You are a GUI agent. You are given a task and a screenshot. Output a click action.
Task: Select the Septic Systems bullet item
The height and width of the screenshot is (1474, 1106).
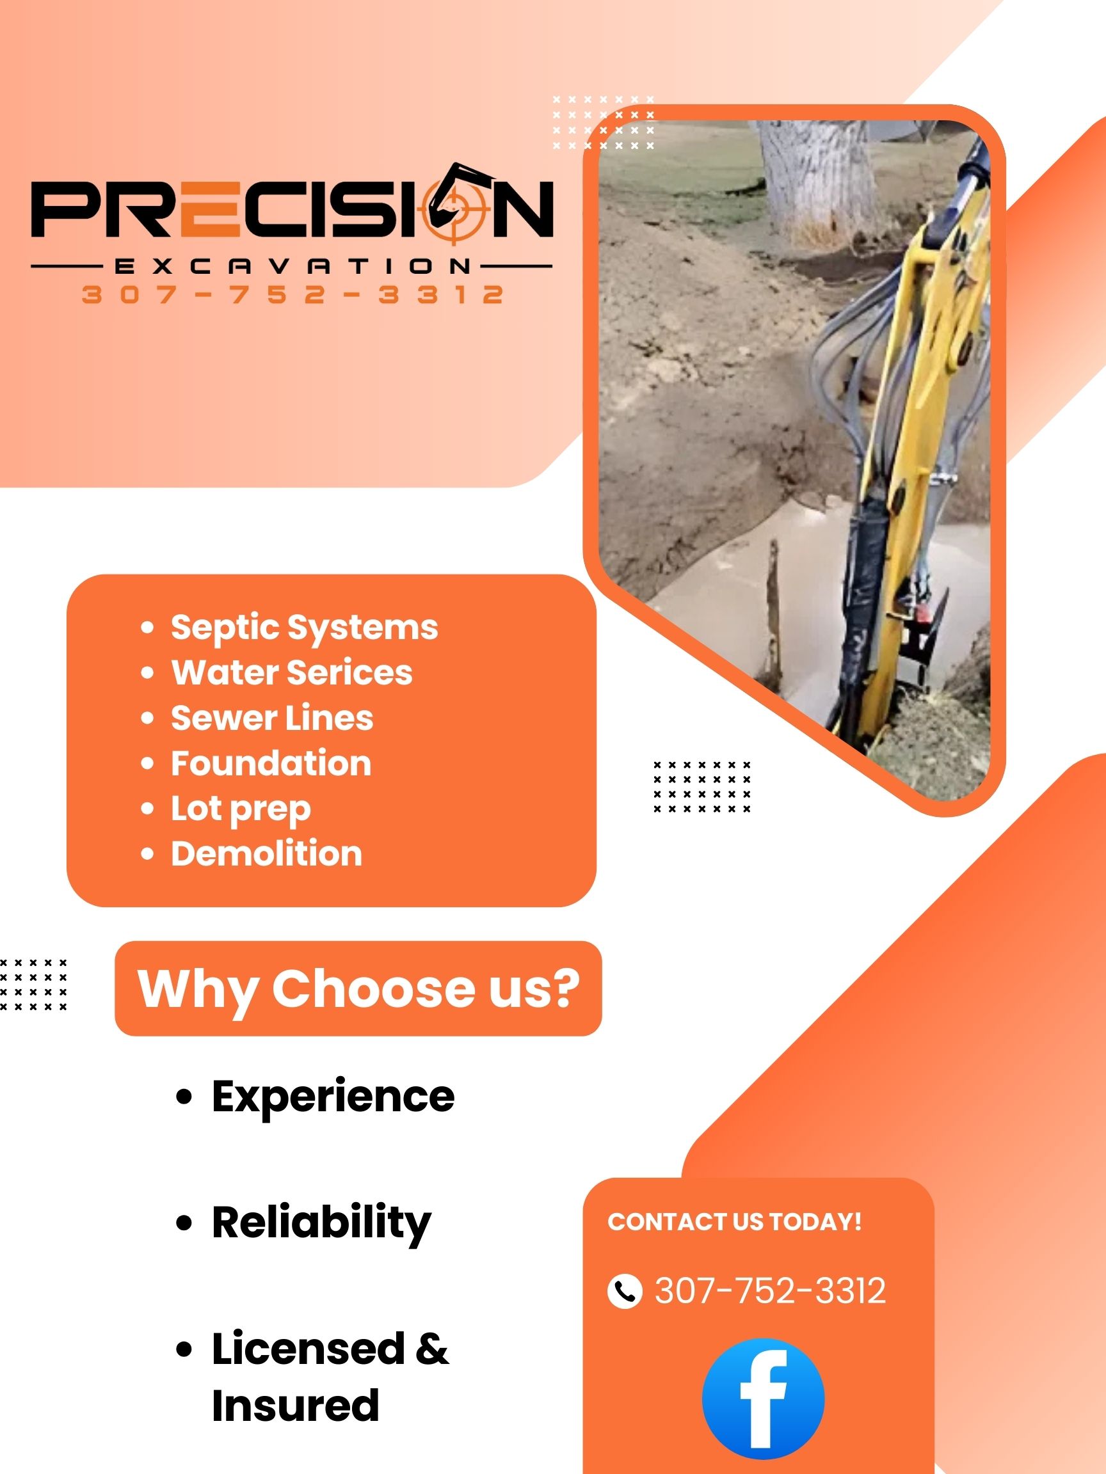coord(304,627)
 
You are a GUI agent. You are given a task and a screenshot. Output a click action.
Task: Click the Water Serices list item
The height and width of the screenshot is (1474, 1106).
coord(291,672)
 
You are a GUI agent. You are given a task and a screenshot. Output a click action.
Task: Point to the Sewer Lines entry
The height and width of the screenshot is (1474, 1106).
coord(272,718)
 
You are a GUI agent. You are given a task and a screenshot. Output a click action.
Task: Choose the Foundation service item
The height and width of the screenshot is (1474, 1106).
coord(271,763)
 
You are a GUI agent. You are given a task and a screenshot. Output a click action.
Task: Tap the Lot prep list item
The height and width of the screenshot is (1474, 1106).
coord(241,808)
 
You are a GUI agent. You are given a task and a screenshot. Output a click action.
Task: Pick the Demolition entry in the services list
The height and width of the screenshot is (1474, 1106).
coord(266,853)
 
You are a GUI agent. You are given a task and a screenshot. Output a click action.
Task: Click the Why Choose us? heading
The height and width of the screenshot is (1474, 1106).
coord(358,988)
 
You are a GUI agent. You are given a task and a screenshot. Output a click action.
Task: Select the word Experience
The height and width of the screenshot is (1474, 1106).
coord(333,1096)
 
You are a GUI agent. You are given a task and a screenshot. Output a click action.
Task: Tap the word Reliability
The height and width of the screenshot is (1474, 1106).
coord(321,1222)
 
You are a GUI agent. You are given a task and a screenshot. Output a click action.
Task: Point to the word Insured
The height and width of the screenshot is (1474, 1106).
coord(295,1406)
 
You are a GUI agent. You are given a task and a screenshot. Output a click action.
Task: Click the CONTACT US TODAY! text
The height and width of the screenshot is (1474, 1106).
coord(735,1222)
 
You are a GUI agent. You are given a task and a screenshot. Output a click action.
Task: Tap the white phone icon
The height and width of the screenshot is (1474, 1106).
coord(625,1291)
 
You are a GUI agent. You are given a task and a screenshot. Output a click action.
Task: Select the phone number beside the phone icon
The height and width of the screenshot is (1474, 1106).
coord(770,1291)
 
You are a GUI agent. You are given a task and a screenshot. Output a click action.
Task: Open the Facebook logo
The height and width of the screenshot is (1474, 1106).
coord(764,1399)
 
